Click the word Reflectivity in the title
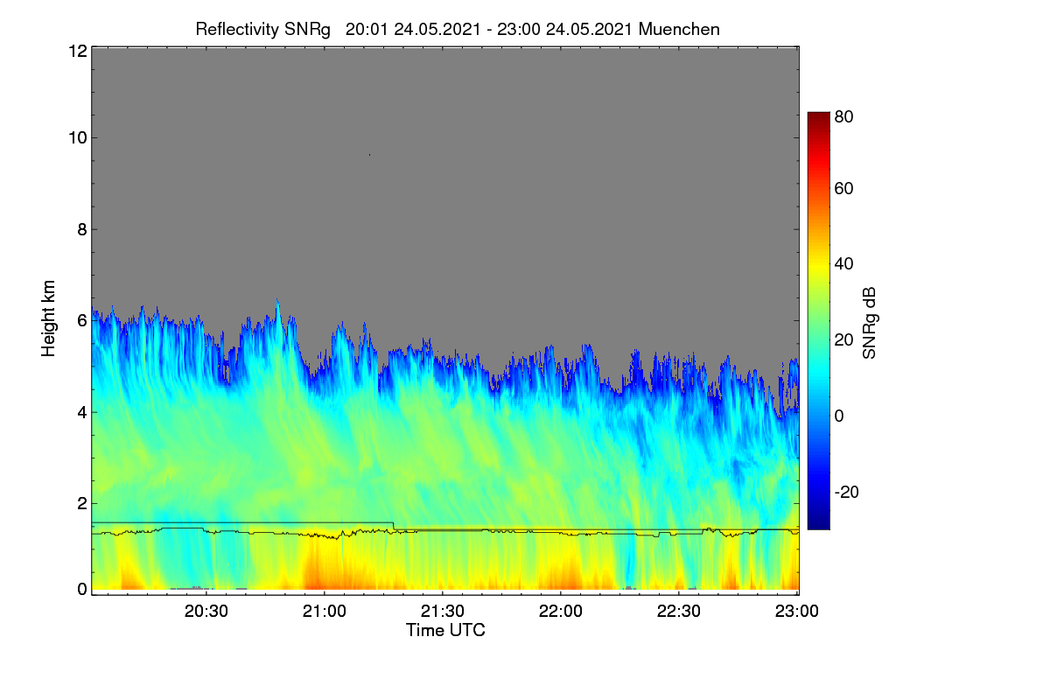click(237, 30)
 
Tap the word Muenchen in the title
click(679, 30)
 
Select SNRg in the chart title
click(307, 30)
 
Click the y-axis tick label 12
click(78, 51)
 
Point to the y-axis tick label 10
click(78, 138)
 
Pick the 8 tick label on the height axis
click(82, 229)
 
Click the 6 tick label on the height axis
click(82, 321)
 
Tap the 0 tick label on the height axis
click(82, 590)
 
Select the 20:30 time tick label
click(206, 612)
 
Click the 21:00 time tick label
click(325, 612)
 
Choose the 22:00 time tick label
click(561, 612)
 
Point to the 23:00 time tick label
click(797, 612)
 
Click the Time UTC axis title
click(445, 630)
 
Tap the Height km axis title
click(48, 318)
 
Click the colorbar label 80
click(843, 116)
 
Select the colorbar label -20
click(847, 492)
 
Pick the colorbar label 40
click(843, 264)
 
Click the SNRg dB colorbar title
click(870, 324)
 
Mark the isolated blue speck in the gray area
click(369, 155)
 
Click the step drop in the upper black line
click(394, 526)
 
